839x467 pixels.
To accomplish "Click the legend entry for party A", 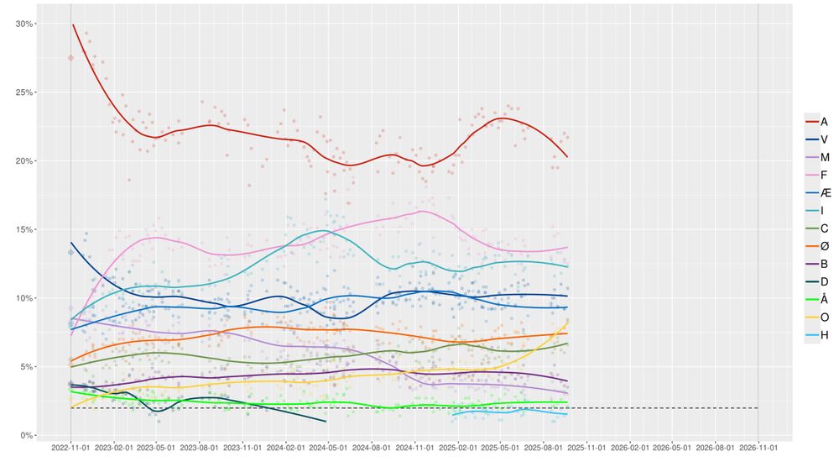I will (x=818, y=122).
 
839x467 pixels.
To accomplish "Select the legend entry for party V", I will (x=818, y=139).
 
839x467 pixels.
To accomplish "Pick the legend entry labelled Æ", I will (x=818, y=192).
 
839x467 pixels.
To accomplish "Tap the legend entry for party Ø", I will (x=818, y=245).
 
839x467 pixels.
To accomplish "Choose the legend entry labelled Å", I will (x=818, y=298).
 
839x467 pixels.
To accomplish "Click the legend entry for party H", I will (x=818, y=333).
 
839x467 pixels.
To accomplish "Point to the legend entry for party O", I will (x=818, y=316).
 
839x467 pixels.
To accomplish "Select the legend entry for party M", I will (x=818, y=157).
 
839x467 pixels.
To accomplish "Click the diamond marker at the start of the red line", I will (x=70, y=58).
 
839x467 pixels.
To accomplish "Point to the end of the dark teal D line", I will (x=326, y=421).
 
